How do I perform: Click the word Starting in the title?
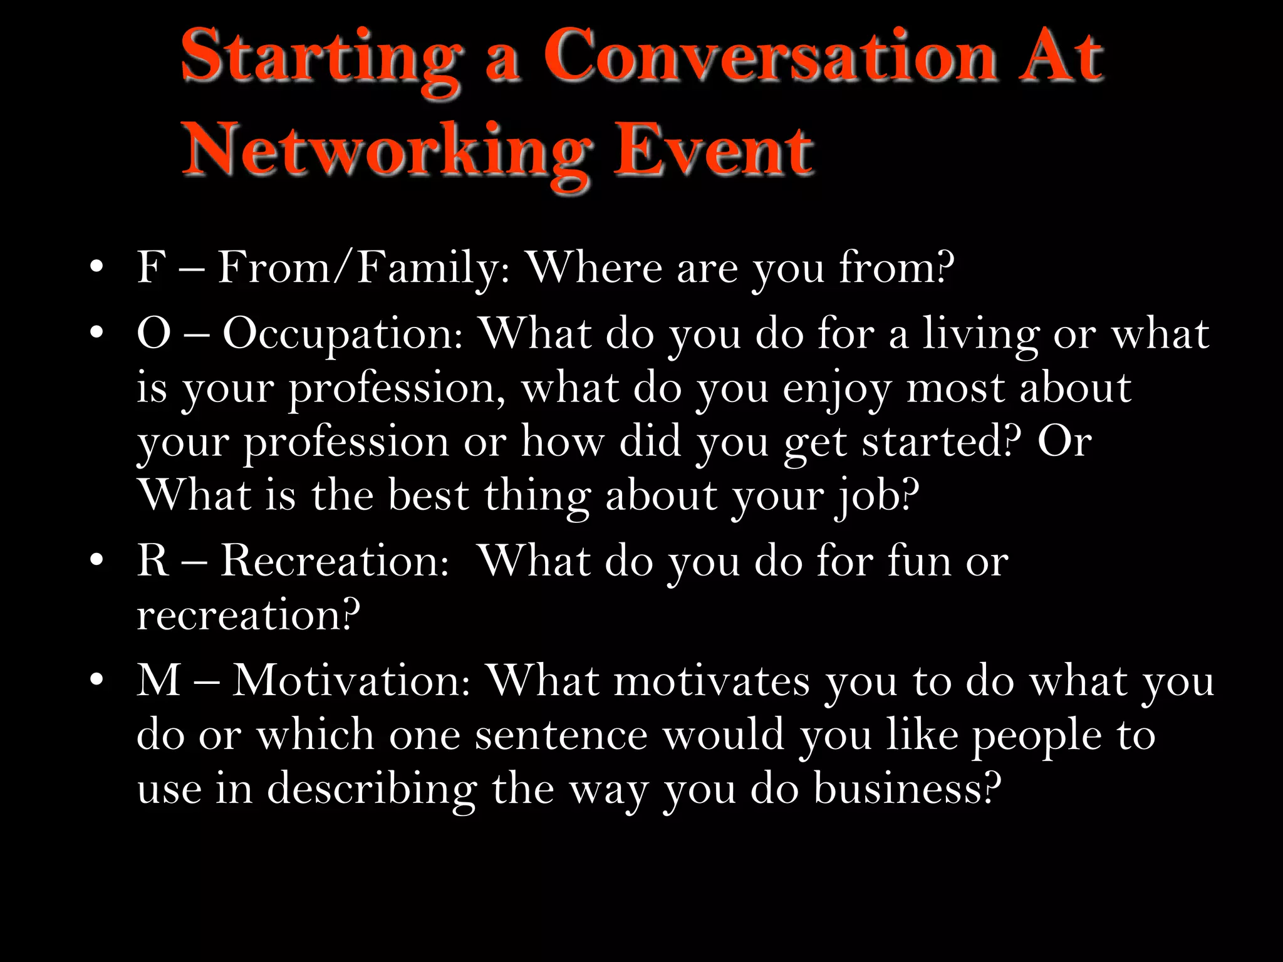click(x=320, y=59)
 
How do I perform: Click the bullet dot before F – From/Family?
click(x=96, y=268)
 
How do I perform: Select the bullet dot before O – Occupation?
click(x=96, y=334)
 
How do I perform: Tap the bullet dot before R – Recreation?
click(x=96, y=561)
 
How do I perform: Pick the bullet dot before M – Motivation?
click(x=96, y=681)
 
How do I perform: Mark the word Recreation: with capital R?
click(x=335, y=561)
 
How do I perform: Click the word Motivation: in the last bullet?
click(x=351, y=681)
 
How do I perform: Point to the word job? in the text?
click(x=876, y=497)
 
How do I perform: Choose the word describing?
click(x=372, y=789)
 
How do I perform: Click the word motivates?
click(x=712, y=681)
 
